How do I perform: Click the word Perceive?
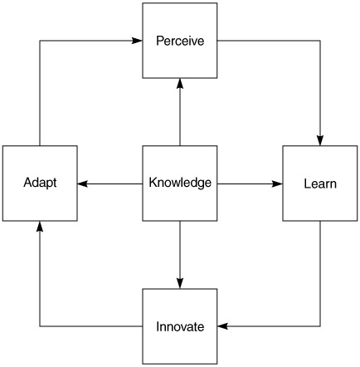(x=180, y=41)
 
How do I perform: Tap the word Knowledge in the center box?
(x=180, y=183)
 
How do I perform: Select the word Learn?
(x=320, y=183)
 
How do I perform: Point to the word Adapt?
(x=40, y=183)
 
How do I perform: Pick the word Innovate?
(x=180, y=326)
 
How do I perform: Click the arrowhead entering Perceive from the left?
(x=137, y=41)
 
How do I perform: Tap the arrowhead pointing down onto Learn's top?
(x=320, y=140)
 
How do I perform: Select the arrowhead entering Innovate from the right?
(x=222, y=326)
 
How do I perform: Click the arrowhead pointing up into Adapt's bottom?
(x=40, y=226)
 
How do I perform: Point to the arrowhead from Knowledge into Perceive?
(x=180, y=83)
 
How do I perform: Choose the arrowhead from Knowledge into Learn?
(x=277, y=183)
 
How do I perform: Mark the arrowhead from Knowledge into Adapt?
(x=83, y=183)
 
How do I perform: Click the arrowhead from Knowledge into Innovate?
(x=180, y=283)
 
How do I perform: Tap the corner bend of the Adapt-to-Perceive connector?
(x=40, y=41)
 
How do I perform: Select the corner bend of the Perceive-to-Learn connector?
(x=320, y=41)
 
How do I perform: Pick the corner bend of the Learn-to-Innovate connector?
(x=320, y=326)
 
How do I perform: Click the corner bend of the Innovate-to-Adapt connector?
(x=40, y=326)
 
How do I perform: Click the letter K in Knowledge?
(x=153, y=182)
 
